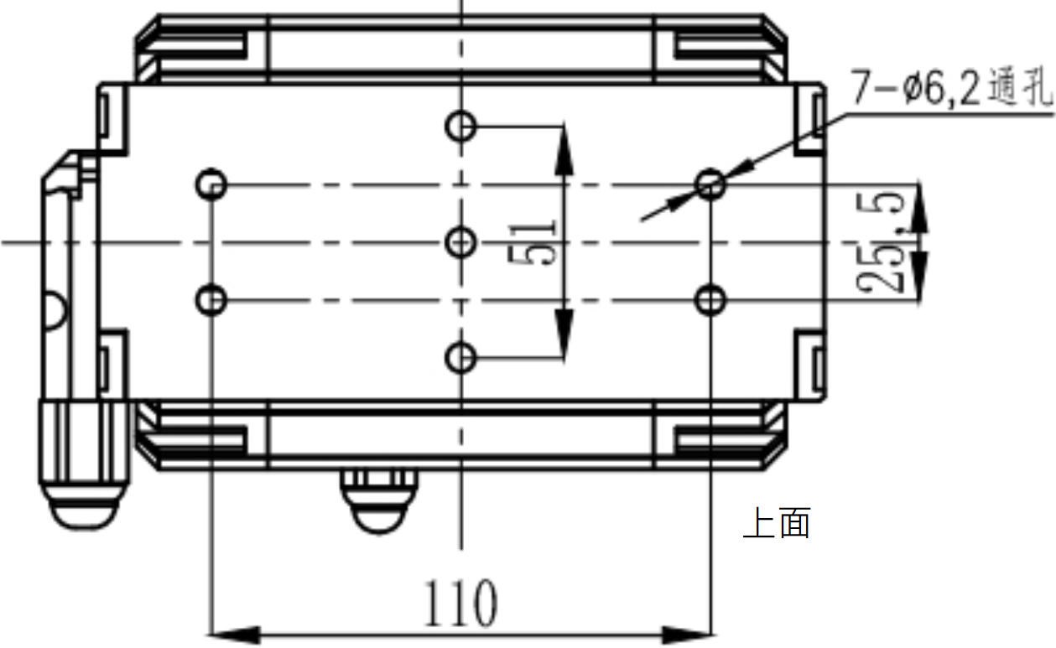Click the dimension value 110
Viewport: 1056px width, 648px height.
click(460, 604)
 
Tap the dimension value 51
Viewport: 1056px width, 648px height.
click(533, 243)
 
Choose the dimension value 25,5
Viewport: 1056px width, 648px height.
click(881, 243)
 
